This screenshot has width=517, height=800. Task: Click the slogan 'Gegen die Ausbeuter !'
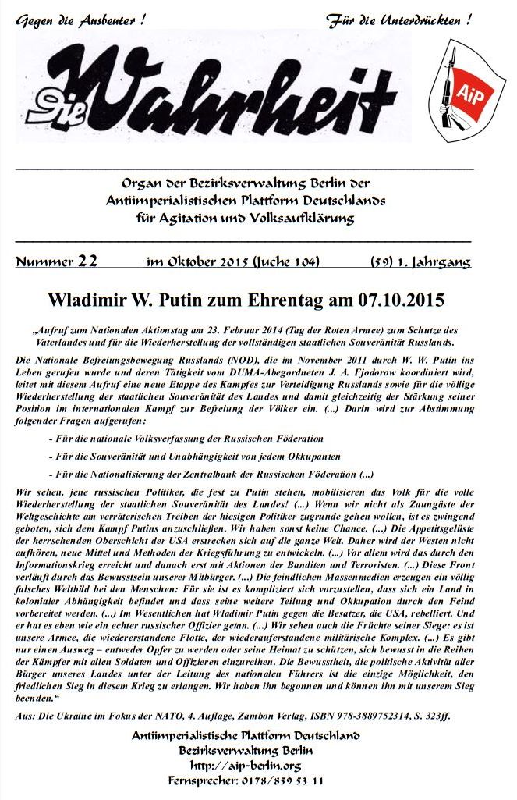(x=80, y=18)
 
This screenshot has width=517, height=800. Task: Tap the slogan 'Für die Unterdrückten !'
(x=398, y=18)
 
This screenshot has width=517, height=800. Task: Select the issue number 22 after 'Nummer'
(x=87, y=261)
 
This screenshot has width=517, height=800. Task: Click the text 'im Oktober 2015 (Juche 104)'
(x=232, y=262)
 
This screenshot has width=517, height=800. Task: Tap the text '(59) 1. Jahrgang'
(x=420, y=262)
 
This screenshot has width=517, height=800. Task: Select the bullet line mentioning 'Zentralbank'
(x=211, y=474)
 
